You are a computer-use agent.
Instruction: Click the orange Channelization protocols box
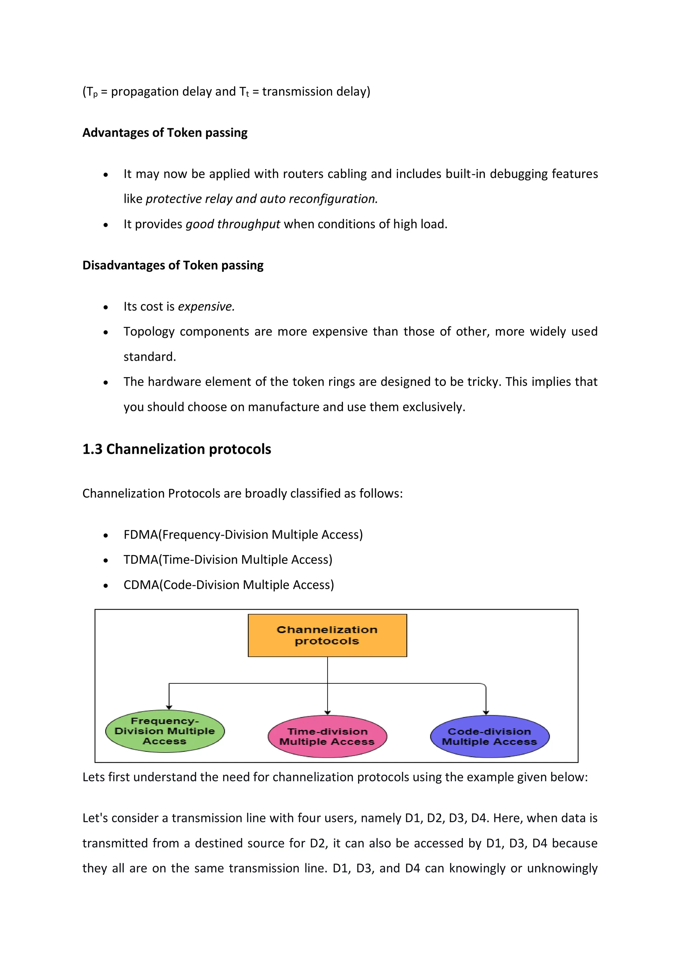(x=327, y=635)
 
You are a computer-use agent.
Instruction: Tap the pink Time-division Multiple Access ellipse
(x=327, y=736)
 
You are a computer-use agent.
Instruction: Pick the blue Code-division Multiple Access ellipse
(x=489, y=736)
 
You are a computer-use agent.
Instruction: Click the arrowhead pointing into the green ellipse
(x=169, y=707)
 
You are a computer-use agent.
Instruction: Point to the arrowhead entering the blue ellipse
(x=486, y=712)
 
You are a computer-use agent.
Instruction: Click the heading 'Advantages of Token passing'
(x=165, y=133)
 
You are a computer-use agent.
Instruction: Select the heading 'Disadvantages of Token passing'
(x=173, y=265)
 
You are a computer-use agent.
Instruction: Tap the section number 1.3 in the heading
(x=92, y=449)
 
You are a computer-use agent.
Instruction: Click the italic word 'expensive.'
(x=206, y=307)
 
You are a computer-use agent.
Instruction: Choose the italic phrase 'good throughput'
(x=233, y=224)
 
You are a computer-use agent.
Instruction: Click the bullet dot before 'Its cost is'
(x=106, y=308)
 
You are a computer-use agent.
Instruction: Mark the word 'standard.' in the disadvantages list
(x=150, y=357)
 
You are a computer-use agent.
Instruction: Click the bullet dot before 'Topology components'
(x=106, y=333)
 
